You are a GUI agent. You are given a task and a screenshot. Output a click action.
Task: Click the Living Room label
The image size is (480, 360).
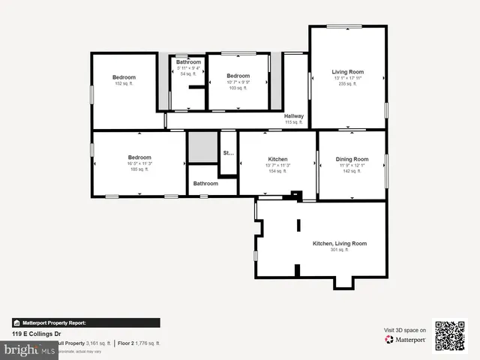(347, 72)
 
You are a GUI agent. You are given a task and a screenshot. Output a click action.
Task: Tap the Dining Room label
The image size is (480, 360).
(352, 159)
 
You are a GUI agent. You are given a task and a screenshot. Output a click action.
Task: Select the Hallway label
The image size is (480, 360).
(294, 116)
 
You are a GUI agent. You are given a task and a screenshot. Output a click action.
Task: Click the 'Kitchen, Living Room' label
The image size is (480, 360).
(340, 244)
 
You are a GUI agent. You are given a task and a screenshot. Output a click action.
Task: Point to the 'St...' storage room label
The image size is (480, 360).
(228, 153)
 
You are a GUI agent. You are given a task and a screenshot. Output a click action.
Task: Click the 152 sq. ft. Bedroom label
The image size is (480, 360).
(124, 77)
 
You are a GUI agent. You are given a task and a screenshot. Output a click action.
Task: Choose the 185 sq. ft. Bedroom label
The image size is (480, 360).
(139, 157)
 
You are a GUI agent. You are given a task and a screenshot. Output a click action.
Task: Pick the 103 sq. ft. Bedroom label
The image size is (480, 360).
(238, 76)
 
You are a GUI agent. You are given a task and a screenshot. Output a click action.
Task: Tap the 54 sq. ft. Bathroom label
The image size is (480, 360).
(189, 62)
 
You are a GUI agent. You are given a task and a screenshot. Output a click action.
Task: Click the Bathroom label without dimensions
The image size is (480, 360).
(205, 184)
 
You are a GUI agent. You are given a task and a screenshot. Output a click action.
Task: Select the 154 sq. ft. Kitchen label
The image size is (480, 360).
(278, 159)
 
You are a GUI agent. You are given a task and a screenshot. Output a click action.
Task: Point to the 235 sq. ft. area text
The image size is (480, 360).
(347, 84)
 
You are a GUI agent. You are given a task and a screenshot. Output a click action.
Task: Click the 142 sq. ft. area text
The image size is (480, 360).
(352, 171)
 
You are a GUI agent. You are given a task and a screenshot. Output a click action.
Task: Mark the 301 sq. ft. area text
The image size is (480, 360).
(340, 250)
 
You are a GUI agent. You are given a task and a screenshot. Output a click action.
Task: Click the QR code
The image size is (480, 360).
(450, 335)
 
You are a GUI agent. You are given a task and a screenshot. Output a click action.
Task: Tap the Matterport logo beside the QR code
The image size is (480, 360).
(406, 340)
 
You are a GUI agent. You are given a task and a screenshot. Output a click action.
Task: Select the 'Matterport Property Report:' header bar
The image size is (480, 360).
(85, 322)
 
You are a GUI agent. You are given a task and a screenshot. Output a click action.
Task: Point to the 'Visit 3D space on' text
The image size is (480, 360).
(405, 330)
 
